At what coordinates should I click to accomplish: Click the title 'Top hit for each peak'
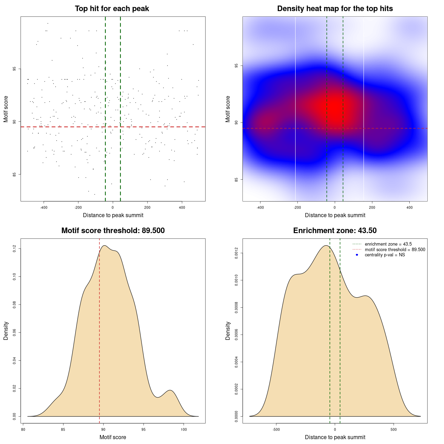[x=112, y=9]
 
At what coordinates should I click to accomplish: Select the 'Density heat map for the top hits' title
[x=335, y=9]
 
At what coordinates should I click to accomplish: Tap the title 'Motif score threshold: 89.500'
[x=113, y=231]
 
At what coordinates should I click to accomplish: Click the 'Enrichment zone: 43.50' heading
[x=335, y=231]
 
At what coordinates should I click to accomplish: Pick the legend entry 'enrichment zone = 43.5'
[x=388, y=244]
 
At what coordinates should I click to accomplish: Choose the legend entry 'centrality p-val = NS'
[x=385, y=255]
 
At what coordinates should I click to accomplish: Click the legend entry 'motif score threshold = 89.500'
[x=395, y=250]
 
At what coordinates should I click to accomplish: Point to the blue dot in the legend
[x=357, y=255]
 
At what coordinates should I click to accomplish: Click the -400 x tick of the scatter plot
[x=44, y=207]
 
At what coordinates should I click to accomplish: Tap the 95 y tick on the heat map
[x=236, y=66]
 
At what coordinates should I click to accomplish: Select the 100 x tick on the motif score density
[x=183, y=429]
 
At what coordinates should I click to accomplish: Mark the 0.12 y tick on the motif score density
[x=14, y=249]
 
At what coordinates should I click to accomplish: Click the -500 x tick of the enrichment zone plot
[x=276, y=429]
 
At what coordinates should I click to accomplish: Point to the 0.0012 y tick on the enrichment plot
[x=236, y=253]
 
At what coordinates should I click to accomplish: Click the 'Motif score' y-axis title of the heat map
[x=228, y=109]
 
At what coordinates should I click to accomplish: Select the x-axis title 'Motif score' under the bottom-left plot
[x=113, y=437]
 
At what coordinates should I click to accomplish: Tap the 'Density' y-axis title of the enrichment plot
[x=228, y=331]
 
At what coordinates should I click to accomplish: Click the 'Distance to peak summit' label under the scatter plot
[x=113, y=215]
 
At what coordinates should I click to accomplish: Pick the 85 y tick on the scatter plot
[x=14, y=174]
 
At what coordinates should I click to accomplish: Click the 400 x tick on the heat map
[x=409, y=207]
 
